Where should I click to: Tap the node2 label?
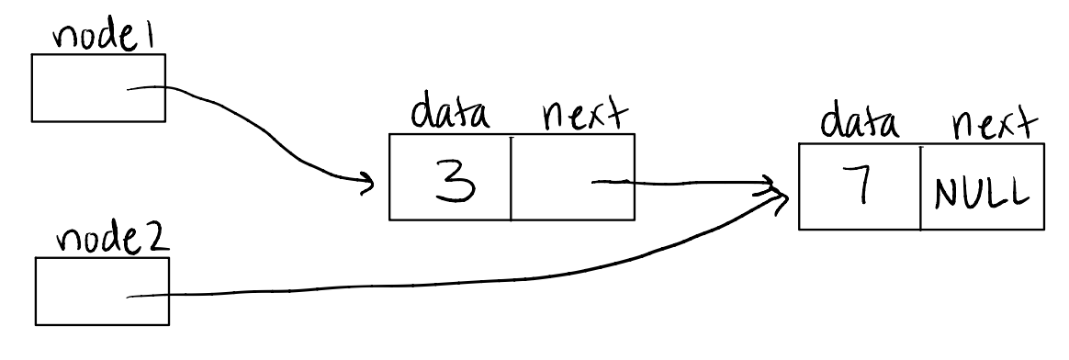102,240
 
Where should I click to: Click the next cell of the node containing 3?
572,177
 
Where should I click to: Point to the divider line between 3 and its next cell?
511,177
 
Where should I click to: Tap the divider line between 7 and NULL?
919,186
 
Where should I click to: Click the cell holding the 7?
860,186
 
